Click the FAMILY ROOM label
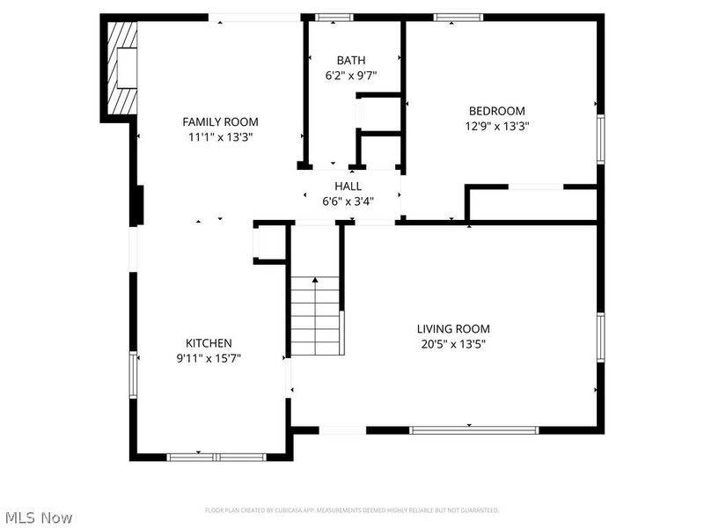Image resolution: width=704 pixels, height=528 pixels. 220,121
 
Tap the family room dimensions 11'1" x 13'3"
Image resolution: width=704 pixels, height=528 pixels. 220,137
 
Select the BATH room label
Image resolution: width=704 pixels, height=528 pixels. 351,60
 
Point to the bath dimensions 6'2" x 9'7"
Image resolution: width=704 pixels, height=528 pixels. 351,76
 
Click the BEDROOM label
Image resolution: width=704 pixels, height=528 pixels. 496,111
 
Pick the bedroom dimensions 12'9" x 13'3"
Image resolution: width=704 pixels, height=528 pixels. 496,126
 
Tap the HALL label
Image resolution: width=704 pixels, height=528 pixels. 348,186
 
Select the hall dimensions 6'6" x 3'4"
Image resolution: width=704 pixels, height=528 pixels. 348,202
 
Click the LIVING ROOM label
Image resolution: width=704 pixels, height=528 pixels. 453,328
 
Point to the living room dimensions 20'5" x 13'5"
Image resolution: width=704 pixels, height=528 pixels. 453,344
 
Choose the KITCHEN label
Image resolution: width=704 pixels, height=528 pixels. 209,342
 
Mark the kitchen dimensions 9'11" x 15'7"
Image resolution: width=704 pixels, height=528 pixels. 209,358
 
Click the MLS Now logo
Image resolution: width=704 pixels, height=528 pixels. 39,517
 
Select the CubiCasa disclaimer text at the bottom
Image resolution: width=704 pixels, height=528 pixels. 352,510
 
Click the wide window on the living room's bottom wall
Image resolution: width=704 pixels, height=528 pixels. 474,430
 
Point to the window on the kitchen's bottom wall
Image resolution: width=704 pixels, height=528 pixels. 216,457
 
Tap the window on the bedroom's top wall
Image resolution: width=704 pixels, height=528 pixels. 458,17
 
